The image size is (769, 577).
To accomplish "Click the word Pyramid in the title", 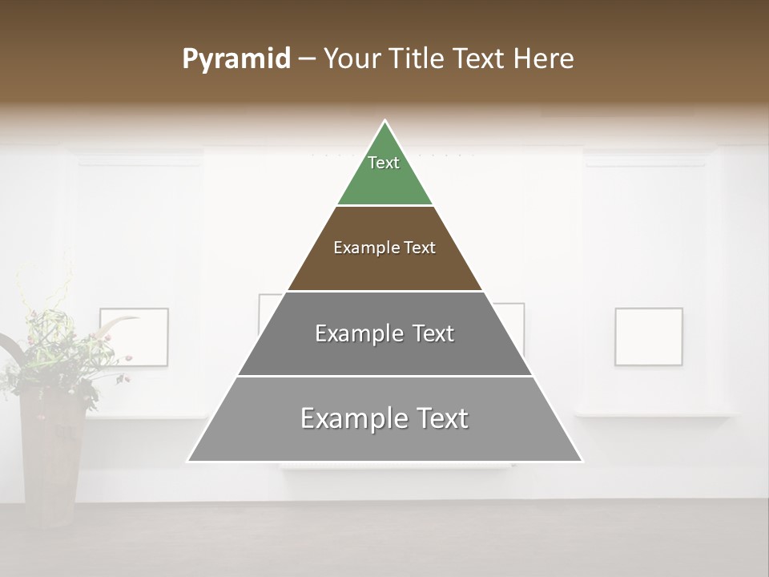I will (236, 59).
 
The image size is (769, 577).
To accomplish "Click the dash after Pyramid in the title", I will (307, 60).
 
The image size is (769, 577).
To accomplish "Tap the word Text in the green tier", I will (384, 163).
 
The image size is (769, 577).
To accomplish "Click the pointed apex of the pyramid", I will (385, 123).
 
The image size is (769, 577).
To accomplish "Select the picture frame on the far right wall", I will (649, 337).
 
